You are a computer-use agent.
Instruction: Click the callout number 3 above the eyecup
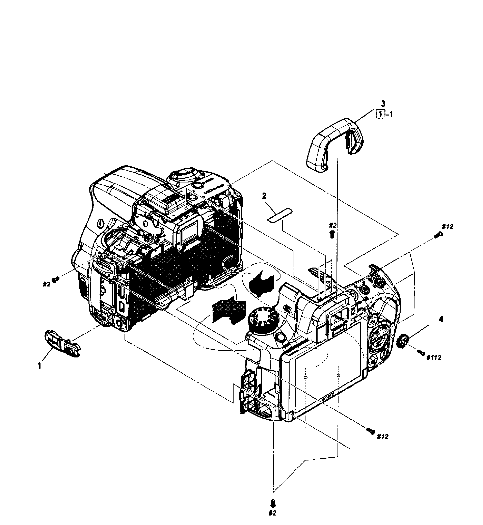coord(383,104)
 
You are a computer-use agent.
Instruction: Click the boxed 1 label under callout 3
coord(379,115)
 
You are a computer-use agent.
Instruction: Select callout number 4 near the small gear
coord(441,320)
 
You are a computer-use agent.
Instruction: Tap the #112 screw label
coord(434,358)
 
